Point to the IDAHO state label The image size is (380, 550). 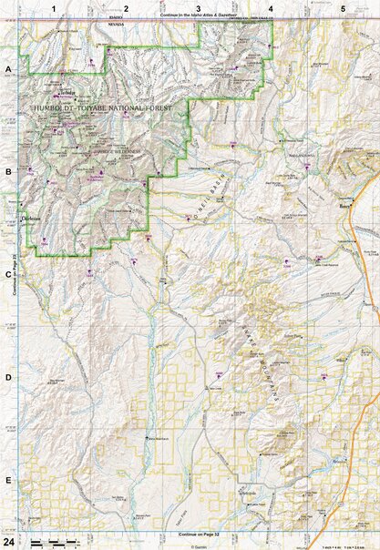[140, 17]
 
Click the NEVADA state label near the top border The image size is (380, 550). [140, 25]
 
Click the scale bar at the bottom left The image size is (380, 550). [55, 543]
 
